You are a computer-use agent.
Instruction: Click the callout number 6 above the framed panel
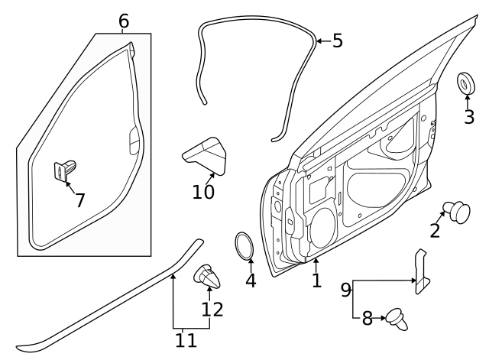point(124,21)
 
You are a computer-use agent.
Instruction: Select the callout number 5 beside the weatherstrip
point(338,41)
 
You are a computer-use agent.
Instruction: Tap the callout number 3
point(468,117)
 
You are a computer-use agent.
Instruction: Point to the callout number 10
point(203,192)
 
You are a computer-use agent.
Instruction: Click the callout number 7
point(80,200)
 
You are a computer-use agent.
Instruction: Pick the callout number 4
point(251,281)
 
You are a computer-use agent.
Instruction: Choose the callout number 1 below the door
point(316,281)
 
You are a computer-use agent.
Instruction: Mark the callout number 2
point(435,231)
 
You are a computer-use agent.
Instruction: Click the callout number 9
point(346,290)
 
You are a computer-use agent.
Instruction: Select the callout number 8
point(368,318)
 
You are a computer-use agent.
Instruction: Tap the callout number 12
point(212,309)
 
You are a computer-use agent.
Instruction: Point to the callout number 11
point(186,340)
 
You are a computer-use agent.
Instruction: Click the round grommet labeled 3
point(466,83)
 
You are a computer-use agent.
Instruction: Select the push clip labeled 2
point(457,212)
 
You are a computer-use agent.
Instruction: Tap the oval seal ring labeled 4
point(244,246)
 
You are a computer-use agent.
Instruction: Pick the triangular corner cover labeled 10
point(206,155)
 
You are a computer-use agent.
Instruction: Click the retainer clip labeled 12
point(207,276)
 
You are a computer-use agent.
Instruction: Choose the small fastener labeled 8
point(397,319)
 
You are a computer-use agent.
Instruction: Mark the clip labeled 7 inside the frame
point(65,170)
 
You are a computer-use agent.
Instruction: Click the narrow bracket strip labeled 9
point(422,271)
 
